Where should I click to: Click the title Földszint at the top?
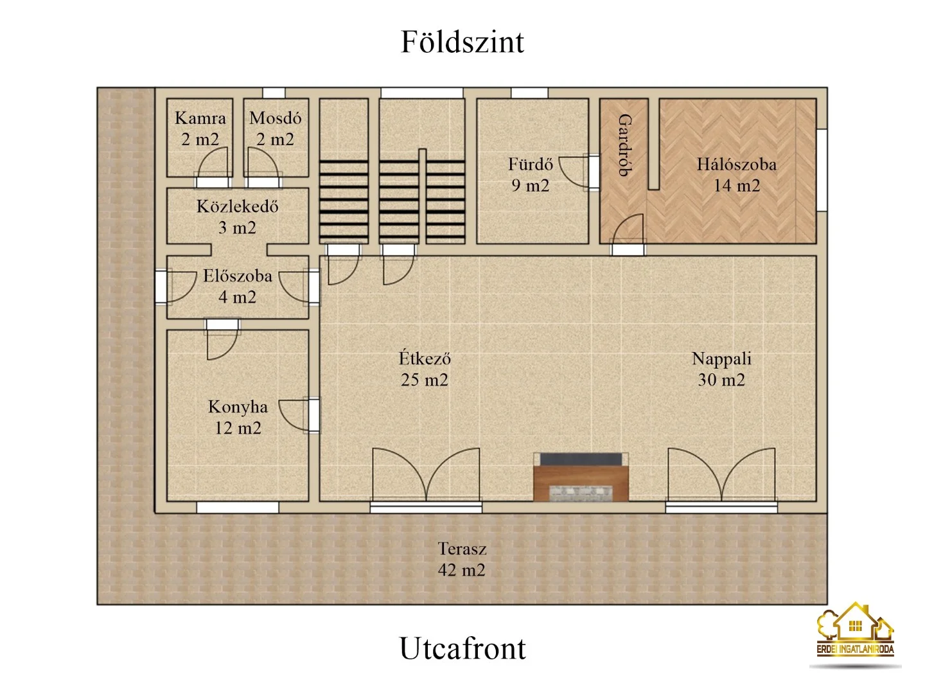coord(462,42)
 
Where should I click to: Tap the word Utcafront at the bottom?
coord(462,648)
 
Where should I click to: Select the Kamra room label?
coord(200,118)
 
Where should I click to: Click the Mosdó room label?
coord(275,118)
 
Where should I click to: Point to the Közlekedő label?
coord(237,207)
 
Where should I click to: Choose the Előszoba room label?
coord(237,276)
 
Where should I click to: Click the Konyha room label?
coord(238,407)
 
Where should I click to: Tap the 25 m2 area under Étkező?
coord(425,380)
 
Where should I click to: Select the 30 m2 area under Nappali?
coord(721,380)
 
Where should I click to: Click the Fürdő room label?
coord(530,165)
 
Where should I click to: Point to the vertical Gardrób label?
coord(624,145)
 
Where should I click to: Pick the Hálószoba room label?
coord(736,165)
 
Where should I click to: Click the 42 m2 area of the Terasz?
coord(461,570)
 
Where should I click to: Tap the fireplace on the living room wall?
coord(581,477)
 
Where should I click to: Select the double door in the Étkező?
coord(426,476)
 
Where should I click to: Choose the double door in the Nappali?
coord(721,476)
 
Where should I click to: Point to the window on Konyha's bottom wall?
coord(237,508)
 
